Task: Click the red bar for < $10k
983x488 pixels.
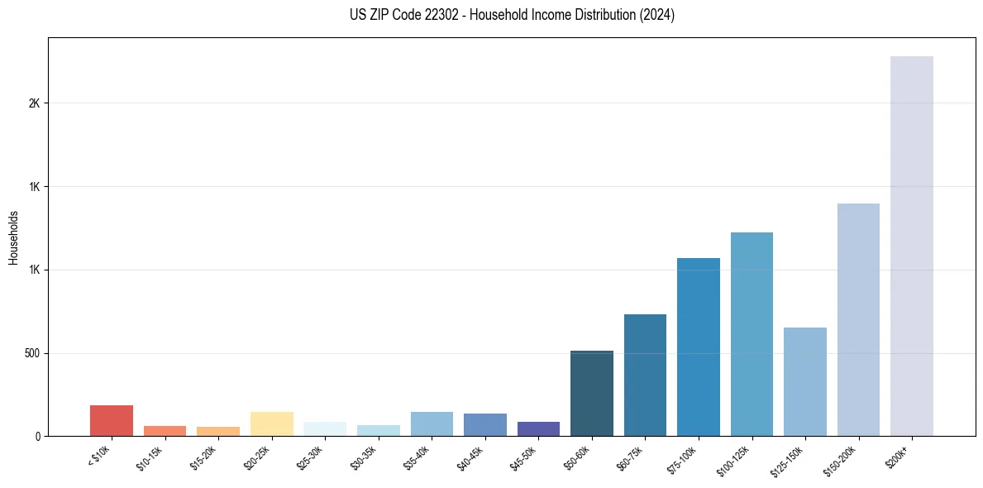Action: click(112, 420)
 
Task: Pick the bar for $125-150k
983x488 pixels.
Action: click(805, 381)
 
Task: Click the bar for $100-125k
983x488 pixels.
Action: click(752, 334)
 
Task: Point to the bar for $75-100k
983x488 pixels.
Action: click(699, 347)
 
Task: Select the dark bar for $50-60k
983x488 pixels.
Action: click(592, 393)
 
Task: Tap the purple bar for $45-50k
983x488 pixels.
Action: click(538, 428)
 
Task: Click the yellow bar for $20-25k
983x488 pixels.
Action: click(272, 423)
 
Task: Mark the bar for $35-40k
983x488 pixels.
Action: click(432, 423)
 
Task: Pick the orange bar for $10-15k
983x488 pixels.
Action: click(165, 430)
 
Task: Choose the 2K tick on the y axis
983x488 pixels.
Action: click(34, 103)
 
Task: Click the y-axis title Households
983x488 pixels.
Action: click(14, 237)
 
